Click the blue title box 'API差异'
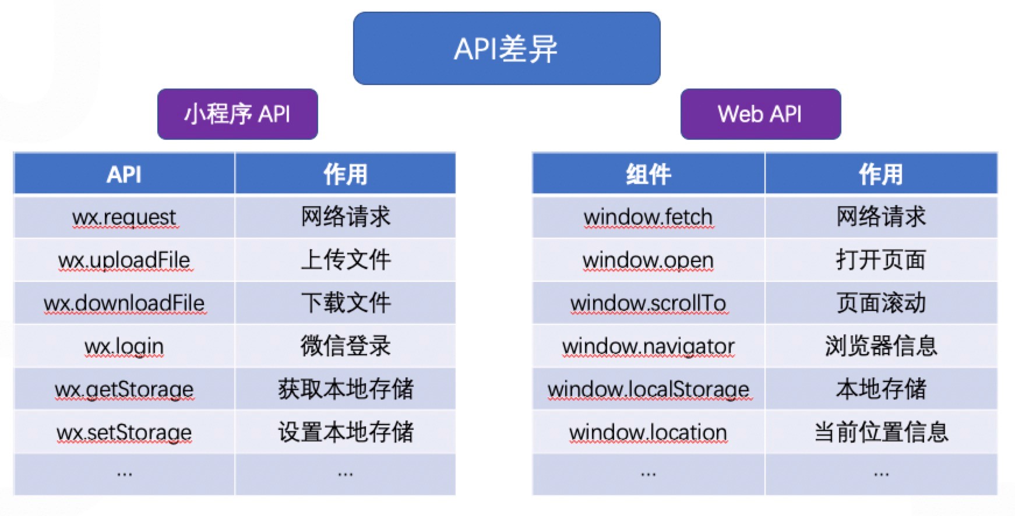tap(506, 48)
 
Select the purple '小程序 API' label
tap(238, 114)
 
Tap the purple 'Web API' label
tap(760, 114)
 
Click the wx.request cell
tap(124, 217)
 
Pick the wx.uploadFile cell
tap(124, 260)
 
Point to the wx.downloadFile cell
tap(124, 303)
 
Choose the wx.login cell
tap(124, 347)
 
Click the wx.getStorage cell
tap(124, 390)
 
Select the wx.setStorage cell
tap(124, 433)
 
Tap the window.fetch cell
tap(648, 217)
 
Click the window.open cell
tap(648, 260)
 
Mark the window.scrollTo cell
tap(648, 303)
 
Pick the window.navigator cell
tap(648, 347)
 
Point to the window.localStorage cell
tap(648, 390)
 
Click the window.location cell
tap(648, 433)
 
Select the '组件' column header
tap(648, 174)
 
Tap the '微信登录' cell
tap(345, 347)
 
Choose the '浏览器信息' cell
tap(881, 347)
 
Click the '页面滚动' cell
tap(881, 303)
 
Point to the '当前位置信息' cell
tap(881, 433)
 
